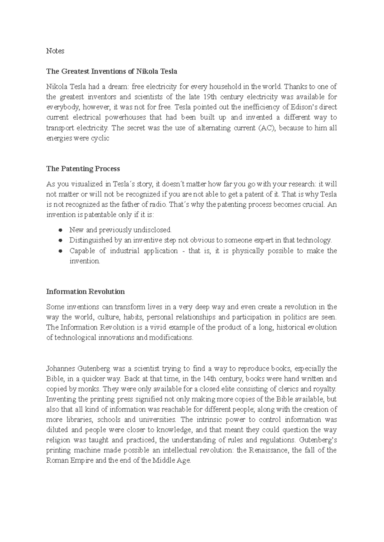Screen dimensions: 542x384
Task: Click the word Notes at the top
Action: point(55,51)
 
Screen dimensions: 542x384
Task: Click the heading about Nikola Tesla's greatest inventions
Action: point(111,71)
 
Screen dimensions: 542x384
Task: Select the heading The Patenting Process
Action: point(83,169)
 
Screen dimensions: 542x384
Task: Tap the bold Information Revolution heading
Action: point(85,292)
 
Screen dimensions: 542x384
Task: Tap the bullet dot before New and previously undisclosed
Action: point(60,230)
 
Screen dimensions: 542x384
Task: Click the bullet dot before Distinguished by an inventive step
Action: point(60,240)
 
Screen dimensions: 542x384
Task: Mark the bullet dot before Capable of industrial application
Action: point(60,251)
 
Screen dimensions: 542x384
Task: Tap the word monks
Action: point(92,389)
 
